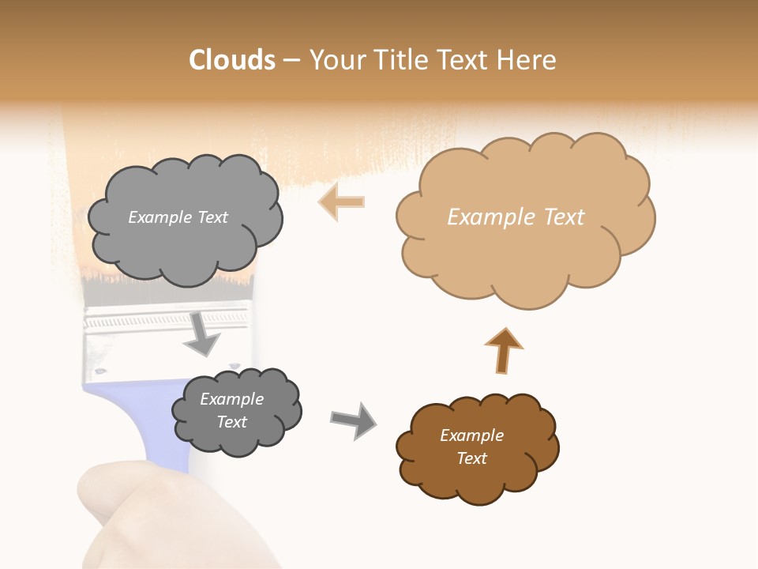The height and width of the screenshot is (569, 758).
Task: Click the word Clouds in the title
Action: coord(232,60)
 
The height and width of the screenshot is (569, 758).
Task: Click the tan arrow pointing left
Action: coord(341,202)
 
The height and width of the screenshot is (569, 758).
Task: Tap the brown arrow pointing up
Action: coord(503,350)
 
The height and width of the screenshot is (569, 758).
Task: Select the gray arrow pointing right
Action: coord(353,420)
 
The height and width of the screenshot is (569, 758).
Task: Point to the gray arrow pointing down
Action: coord(202,333)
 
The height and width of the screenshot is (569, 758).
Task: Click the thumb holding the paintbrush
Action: coord(118,498)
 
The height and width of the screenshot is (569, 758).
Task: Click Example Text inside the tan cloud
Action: coord(516,217)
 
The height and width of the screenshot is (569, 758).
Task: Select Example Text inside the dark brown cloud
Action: coord(471,447)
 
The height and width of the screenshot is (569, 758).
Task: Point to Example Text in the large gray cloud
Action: coord(178,217)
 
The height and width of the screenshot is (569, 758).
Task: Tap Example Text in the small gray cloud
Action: coord(231,410)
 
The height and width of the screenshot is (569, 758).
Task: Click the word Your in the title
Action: coord(333,60)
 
